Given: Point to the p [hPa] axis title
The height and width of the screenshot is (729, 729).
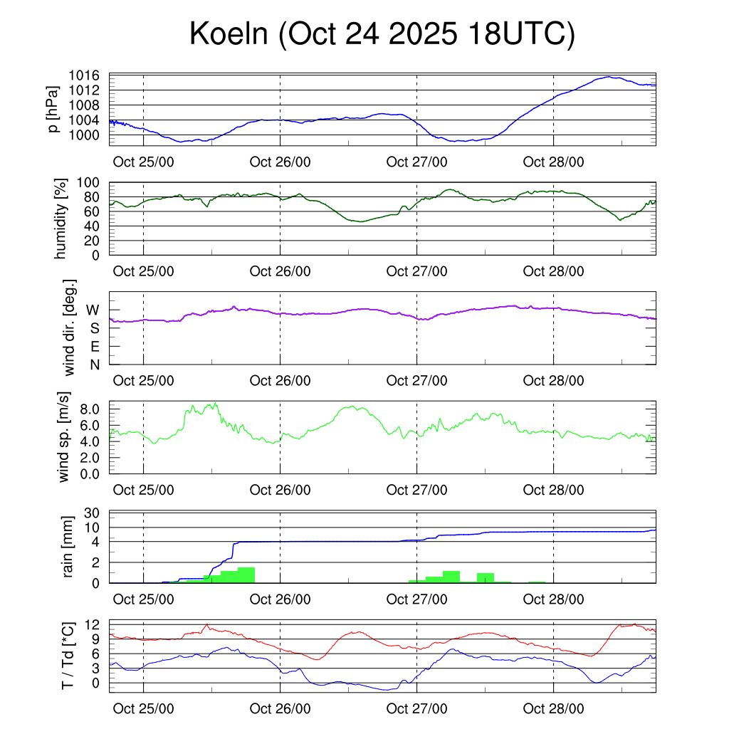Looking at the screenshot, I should coord(54,109).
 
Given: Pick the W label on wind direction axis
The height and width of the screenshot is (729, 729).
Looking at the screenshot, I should coord(93,310).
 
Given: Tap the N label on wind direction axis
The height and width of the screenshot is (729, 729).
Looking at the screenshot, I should coord(93,364).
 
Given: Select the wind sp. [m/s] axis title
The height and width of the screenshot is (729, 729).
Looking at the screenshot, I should coord(65,436).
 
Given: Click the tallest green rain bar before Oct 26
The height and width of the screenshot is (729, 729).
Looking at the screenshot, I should coord(246,575).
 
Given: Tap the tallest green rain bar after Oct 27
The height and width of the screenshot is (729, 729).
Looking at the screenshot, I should coord(451,577).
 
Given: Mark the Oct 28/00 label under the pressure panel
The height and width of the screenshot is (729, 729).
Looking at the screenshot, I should coord(553,162).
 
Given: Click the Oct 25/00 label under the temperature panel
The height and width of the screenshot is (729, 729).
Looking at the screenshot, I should coord(144,709).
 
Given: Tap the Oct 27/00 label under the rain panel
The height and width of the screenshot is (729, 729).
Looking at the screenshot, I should coord(416,599).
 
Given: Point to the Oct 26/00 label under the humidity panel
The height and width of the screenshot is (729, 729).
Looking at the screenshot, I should coord(280,271).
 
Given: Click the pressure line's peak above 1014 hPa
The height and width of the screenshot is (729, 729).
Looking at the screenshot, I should coord(609,77).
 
